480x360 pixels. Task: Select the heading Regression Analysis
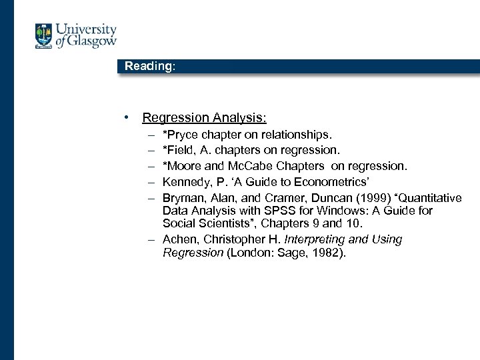pyautogui.click(x=204, y=118)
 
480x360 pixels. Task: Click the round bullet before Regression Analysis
pyautogui.click(x=126, y=118)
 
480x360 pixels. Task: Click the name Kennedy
pyautogui.click(x=186, y=181)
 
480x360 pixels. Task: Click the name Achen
pyautogui.click(x=179, y=239)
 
